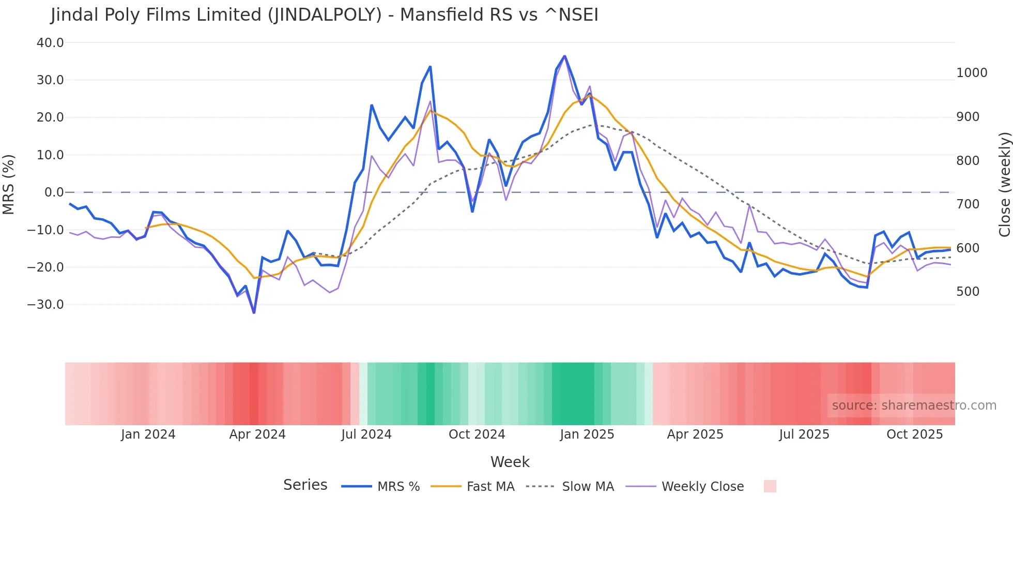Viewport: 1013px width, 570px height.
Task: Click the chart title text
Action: [324, 15]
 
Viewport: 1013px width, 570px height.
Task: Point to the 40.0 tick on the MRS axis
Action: [50, 43]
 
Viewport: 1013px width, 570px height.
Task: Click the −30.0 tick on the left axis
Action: [45, 305]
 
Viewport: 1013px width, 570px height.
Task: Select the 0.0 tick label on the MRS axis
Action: [54, 192]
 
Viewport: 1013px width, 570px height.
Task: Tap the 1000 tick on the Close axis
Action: [972, 73]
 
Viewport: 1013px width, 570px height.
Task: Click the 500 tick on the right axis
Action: [968, 292]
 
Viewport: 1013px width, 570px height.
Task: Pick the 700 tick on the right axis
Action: [968, 204]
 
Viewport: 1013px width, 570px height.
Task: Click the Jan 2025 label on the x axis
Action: [587, 434]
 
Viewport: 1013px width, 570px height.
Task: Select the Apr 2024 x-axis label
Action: [257, 434]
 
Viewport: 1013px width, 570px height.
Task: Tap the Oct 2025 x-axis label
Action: [914, 434]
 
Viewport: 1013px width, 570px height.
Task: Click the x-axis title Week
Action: [510, 462]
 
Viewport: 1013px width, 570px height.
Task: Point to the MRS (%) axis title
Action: [9, 185]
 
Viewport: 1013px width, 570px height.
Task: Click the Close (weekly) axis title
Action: [1004, 185]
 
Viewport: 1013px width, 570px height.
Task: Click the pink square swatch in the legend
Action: [770, 486]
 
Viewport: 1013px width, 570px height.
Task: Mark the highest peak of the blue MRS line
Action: [564, 56]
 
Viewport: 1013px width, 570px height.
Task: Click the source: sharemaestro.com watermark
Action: [914, 406]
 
